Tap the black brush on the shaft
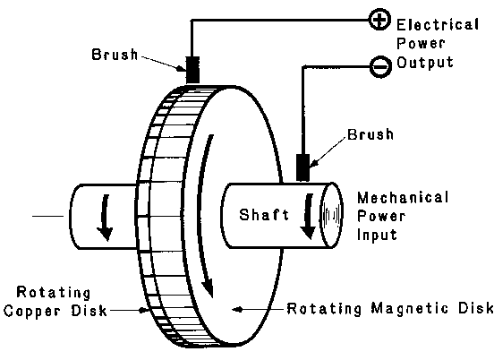(x=302, y=167)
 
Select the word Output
(x=425, y=63)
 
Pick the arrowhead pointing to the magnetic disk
(x=235, y=309)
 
